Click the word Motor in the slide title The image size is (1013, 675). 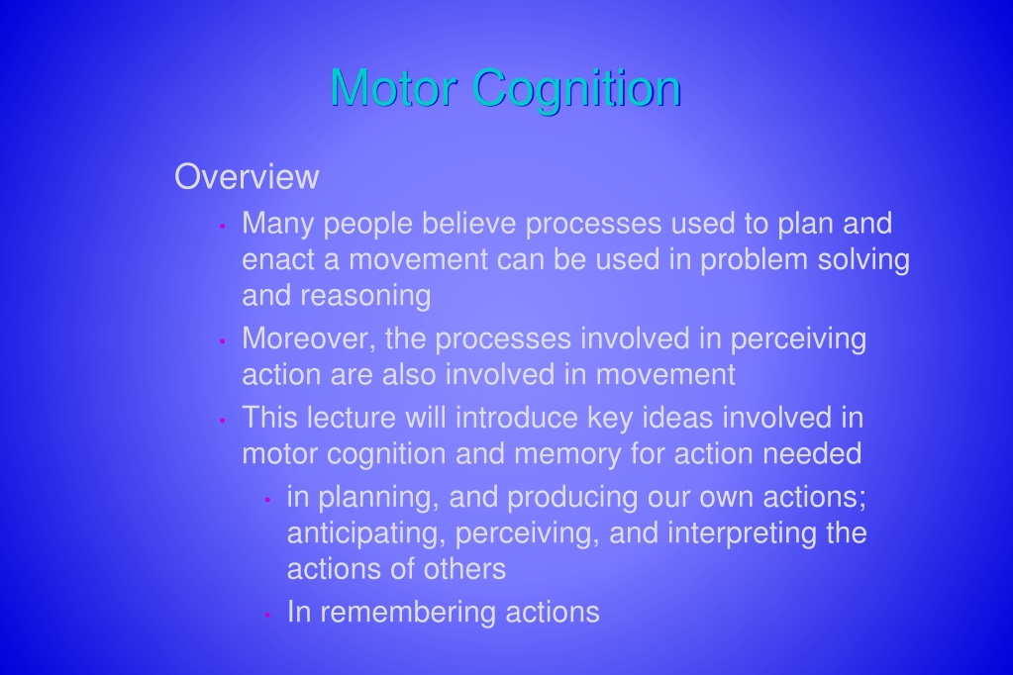tap(394, 87)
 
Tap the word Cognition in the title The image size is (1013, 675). tap(576, 89)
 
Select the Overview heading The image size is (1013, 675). tap(247, 176)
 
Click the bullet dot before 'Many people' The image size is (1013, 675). tap(222, 226)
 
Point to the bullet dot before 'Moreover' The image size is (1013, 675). tap(222, 341)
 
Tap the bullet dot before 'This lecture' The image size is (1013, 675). tap(222, 420)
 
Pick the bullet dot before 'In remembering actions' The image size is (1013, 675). tap(267, 615)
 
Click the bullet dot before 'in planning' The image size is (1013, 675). tap(267, 499)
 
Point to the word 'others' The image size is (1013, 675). tap(464, 569)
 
